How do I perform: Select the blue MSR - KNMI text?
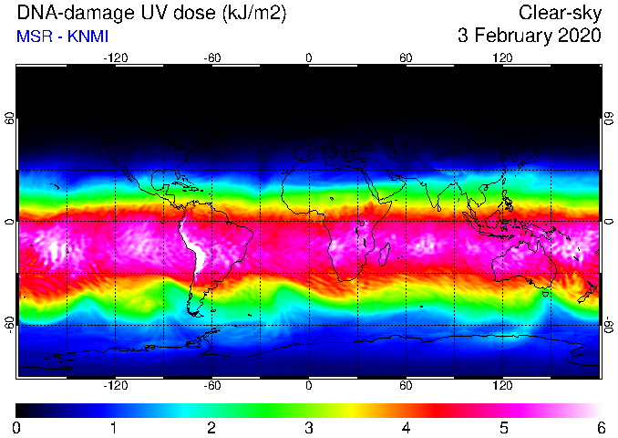tap(62, 36)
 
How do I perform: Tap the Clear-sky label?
tap(560, 14)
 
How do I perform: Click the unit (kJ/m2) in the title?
tap(254, 14)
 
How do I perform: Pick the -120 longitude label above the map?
tap(116, 58)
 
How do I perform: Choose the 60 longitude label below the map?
tap(406, 385)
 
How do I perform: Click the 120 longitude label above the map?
tap(502, 58)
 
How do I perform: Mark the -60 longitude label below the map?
tap(212, 385)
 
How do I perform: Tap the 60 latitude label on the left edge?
tap(9, 118)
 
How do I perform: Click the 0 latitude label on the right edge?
tap(609, 222)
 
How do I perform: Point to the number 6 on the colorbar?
tap(601, 428)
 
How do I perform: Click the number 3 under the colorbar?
tap(309, 428)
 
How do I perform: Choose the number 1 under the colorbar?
tap(114, 428)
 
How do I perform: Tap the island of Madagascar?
tap(384, 255)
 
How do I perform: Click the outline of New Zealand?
tap(588, 292)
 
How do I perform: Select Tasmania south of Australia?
tap(546, 294)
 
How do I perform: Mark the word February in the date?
tap(510, 36)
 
